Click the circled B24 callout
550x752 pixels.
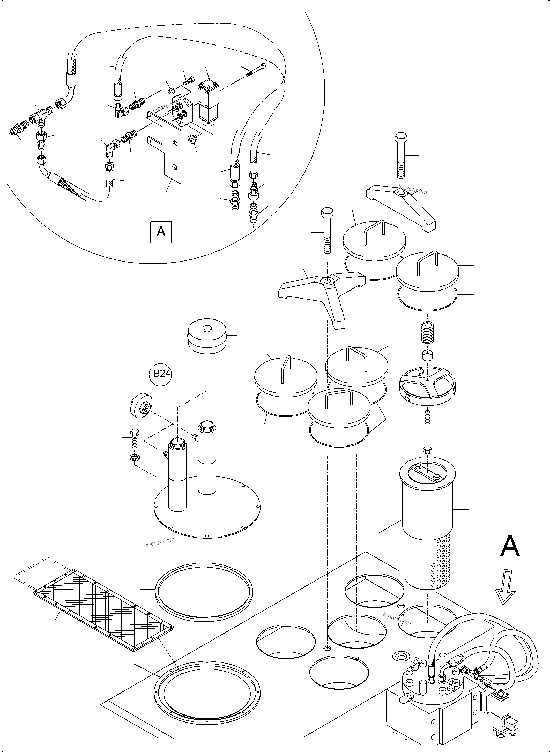[161, 374]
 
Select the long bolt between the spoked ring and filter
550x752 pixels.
[427, 433]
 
